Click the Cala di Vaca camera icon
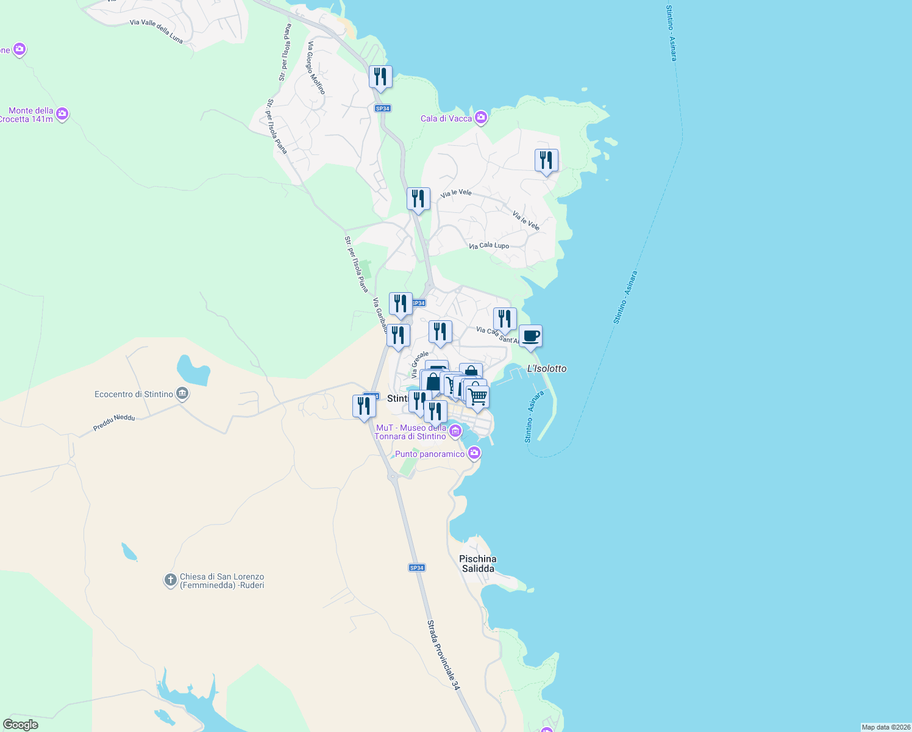[481, 117]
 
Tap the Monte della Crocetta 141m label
[30, 115]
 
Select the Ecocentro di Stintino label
[134, 395]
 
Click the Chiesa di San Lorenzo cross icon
[170, 580]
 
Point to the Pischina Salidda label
[478, 564]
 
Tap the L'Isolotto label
[547, 368]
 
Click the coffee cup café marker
[530, 336]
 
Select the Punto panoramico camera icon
[474, 453]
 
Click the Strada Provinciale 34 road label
[443, 655]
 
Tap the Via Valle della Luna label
[156, 31]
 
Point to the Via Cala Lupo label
[489, 246]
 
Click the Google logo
[21, 725]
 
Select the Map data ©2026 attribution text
[886, 727]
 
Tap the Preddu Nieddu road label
[114, 423]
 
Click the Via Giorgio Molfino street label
[316, 68]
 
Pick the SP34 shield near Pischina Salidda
[416, 568]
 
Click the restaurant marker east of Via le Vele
[546, 160]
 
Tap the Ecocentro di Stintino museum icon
[182, 394]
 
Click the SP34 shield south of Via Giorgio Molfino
[382, 109]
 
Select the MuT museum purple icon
[455, 432]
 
